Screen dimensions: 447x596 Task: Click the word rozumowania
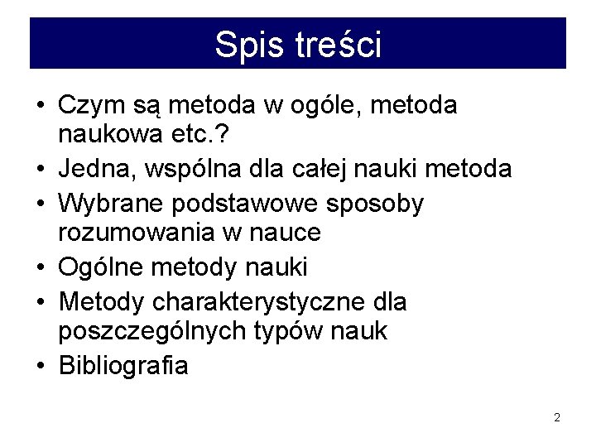coord(136,234)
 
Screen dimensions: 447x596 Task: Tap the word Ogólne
coord(100,267)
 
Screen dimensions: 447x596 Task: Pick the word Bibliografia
coord(123,366)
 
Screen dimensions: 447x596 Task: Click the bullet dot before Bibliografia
coord(41,366)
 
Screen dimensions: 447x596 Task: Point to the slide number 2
coord(557,418)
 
